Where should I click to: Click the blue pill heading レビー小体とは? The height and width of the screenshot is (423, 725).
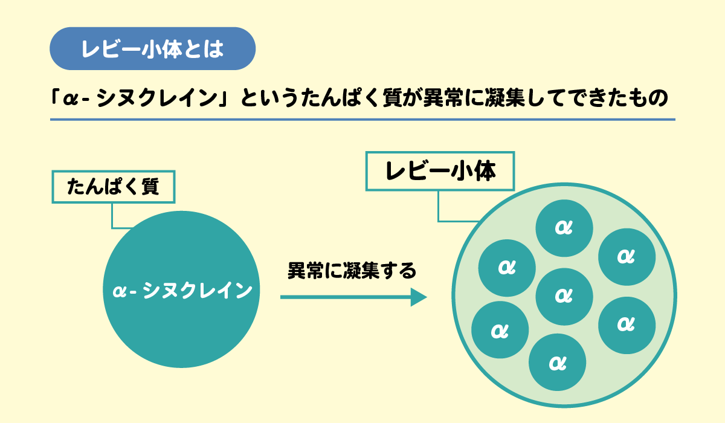[x=152, y=49]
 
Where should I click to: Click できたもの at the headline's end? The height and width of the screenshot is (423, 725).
[x=616, y=97]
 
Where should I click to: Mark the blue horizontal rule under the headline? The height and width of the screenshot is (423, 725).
[x=362, y=120]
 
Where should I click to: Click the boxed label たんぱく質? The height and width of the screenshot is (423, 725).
[x=113, y=187]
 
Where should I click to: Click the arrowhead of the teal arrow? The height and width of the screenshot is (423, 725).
[x=419, y=297]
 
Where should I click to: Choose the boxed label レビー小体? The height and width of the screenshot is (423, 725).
[x=440, y=172]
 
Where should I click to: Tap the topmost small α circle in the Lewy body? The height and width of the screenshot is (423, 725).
[x=564, y=227]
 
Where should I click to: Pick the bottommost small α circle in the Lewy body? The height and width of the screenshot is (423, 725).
[x=557, y=363]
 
